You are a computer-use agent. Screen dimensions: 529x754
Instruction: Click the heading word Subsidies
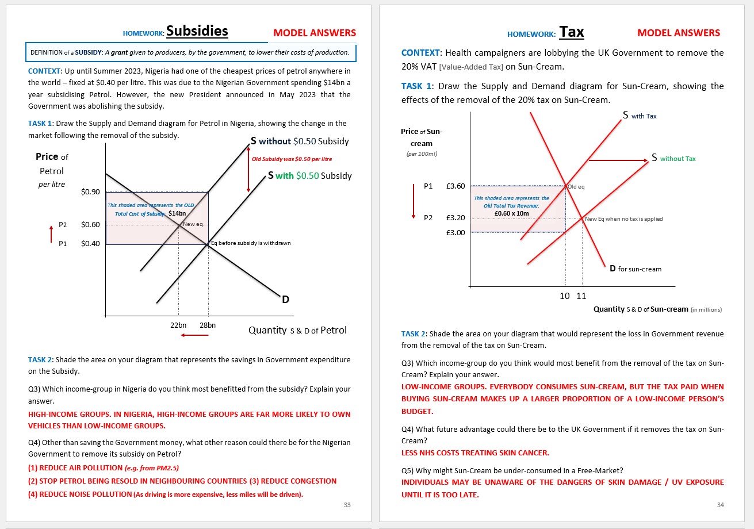click(x=197, y=31)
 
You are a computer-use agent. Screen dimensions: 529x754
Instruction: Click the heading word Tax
click(x=572, y=32)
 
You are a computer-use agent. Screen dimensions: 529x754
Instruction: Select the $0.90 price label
click(x=91, y=191)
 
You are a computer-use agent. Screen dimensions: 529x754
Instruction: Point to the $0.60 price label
click(x=91, y=225)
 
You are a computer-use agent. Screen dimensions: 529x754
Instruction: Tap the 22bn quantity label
click(x=178, y=325)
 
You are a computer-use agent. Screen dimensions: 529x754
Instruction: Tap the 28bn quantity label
click(x=208, y=325)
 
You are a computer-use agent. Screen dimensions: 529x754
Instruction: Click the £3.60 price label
click(x=455, y=186)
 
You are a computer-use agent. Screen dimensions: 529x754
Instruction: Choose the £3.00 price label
click(x=455, y=232)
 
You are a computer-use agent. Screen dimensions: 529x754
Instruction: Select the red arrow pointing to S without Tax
click(x=618, y=160)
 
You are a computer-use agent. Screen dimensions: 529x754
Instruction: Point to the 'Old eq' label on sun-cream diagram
click(x=576, y=187)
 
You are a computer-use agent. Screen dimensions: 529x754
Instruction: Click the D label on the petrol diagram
click(x=285, y=299)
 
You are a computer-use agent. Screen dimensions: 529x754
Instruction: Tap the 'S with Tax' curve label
click(x=640, y=116)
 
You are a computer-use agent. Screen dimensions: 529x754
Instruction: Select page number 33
click(x=347, y=505)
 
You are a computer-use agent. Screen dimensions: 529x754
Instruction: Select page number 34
click(x=721, y=505)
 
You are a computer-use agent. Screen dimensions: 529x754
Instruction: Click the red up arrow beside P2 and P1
click(x=51, y=234)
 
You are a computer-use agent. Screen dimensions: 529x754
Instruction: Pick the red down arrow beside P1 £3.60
click(x=413, y=201)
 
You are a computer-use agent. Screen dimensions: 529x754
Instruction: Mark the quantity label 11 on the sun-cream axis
click(x=581, y=296)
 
